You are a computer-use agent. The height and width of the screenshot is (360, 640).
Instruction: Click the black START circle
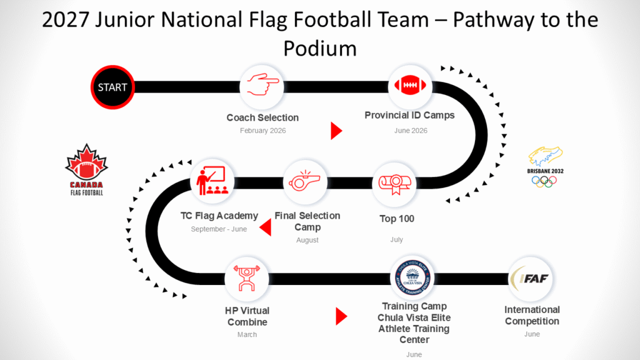112,87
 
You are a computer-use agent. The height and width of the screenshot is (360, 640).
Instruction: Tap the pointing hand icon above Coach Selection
262,84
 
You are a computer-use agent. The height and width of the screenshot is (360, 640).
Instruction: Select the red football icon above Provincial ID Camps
410,85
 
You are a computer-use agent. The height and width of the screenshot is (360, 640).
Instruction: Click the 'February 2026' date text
263,131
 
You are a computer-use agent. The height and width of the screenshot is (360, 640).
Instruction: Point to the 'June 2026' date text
411,131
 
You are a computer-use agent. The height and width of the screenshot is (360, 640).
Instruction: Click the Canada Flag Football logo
86,170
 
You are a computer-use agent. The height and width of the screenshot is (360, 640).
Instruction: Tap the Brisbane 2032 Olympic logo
545,167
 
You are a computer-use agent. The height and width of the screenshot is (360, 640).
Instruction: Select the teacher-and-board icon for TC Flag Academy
212,180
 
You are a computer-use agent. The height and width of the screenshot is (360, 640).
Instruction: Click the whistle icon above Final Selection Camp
304,181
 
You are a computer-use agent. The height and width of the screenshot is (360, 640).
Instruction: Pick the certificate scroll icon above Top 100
394,184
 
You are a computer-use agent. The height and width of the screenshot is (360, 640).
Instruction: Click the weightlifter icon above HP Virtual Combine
246,278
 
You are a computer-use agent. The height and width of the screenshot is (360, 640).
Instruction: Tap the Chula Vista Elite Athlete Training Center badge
412,278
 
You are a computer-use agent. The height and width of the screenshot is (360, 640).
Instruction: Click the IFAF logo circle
530,279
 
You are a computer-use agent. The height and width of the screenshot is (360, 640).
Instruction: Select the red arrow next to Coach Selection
336,131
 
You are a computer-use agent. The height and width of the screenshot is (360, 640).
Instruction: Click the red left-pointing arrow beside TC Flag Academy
265,227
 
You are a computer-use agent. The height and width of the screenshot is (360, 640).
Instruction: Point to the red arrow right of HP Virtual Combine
341,316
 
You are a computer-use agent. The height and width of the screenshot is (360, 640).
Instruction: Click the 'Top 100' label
397,219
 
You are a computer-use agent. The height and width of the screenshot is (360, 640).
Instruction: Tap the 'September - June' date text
219,229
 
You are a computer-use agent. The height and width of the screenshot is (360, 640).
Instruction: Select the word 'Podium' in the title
320,49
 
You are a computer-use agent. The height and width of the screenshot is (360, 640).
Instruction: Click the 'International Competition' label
532,316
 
